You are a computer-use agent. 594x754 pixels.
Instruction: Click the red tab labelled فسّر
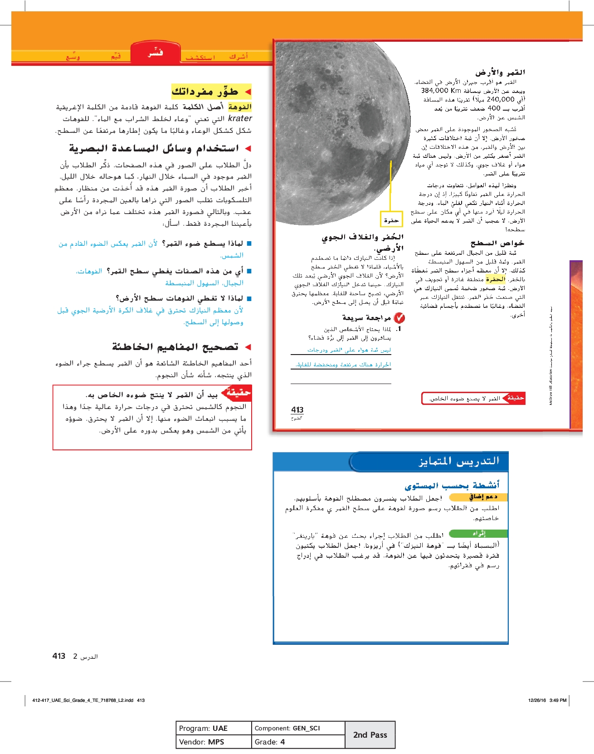[x=155, y=53]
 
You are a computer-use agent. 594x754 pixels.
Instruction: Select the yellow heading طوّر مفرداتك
[x=205, y=92]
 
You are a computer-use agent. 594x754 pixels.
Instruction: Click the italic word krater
[x=240, y=118]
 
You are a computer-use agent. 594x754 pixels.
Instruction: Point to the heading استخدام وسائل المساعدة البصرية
[x=154, y=149]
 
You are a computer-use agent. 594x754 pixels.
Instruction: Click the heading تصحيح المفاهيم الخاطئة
[x=175, y=347]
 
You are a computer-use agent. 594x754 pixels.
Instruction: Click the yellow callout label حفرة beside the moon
[x=391, y=220]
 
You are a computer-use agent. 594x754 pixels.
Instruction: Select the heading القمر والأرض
[x=500, y=72]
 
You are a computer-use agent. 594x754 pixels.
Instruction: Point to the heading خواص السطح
[x=497, y=243]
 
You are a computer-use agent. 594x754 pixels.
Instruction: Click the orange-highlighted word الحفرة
[x=495, y=279]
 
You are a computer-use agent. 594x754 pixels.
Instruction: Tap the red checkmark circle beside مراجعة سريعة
[x=399, y=318]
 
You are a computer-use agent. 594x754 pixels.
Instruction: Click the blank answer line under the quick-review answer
[x=341, y=383]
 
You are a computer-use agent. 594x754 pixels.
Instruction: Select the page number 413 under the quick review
[x=297, y=410]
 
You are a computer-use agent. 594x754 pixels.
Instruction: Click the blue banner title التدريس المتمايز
[x=458, y=462]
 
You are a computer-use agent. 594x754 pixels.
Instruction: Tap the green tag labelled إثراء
[x=478, y=534]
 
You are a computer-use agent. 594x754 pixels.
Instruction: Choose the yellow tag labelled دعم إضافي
[x=479, y=497]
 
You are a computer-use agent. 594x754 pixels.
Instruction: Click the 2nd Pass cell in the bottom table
[x=370, y=735]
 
